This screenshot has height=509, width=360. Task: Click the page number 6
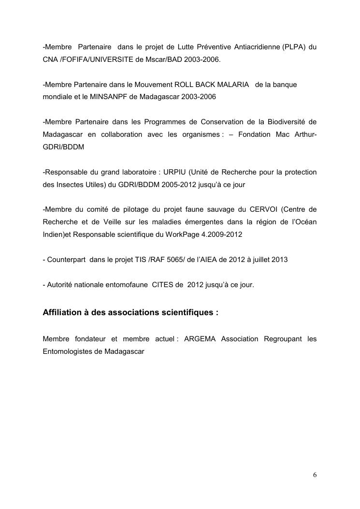point(315,474)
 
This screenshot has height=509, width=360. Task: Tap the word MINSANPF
point(115,96)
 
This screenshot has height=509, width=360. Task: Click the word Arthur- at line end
point(303,134)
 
